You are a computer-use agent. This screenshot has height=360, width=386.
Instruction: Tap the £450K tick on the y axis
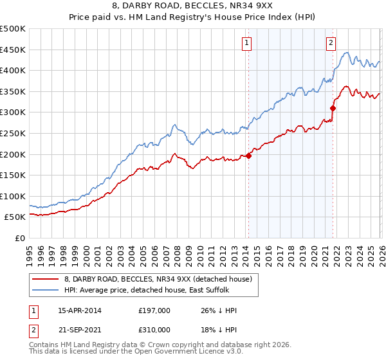tap(13, 50)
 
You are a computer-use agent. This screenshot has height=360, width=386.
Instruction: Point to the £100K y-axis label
tap(13, 196)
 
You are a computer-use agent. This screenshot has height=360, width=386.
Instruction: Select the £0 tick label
tap(19, 238)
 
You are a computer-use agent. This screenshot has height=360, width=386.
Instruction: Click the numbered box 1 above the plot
tap(247, 43)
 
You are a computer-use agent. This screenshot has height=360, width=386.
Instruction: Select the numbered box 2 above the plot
tap(331, 43)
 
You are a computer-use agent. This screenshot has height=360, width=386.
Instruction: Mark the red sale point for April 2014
tap(249, 155)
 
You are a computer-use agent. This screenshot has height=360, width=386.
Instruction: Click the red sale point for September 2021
tap(333, 107)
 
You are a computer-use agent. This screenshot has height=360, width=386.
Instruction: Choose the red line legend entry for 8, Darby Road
tap(161, 278)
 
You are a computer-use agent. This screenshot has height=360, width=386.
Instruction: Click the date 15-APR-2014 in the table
tap(80, 310)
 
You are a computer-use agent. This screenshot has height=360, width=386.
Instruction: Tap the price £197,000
tap(154, 310)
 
